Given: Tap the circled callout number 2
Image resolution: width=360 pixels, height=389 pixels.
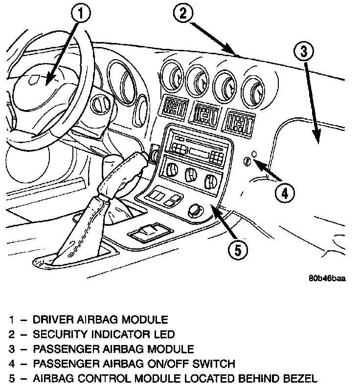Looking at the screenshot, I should pyautogui.click(x=182, y=14).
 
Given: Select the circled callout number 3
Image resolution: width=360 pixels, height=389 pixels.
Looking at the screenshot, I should pyautogui.click(x=304, y=51).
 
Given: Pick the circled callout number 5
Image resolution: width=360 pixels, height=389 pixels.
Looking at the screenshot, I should pyautogui.click(x=237, y=250).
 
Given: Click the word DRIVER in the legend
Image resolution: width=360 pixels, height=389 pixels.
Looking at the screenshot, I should pyautogui.click(x=52, y=321).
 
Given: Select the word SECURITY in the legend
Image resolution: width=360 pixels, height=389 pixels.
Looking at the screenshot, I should pyautogui.click(x=59, y=335).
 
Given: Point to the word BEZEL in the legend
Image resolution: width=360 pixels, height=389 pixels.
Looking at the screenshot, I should pyautogui.click(x=300, y=378).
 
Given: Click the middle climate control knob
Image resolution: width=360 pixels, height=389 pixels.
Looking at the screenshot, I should pyautogui.click(x=189, y=175).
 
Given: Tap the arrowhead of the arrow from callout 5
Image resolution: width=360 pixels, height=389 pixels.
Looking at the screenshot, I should pyautogui.click(x=214, y=210).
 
